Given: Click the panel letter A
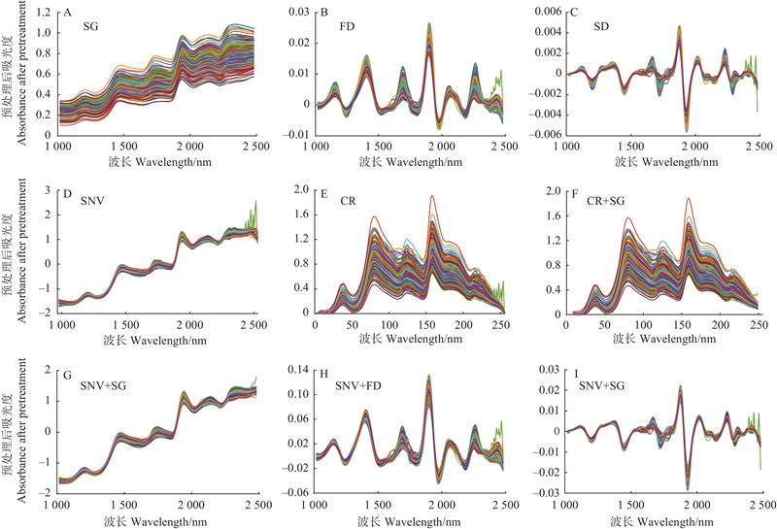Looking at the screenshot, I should tap(66, 14).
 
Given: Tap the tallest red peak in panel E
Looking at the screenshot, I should tap(431, 196).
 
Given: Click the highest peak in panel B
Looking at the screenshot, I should tap(428, 24).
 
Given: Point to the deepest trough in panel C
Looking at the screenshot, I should tap(686, 129).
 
